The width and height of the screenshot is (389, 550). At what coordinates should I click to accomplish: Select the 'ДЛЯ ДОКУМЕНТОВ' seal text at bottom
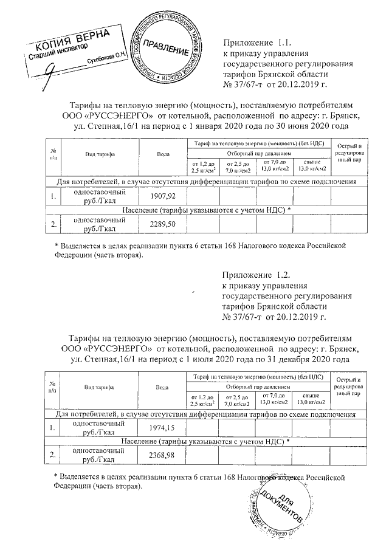point(281,509)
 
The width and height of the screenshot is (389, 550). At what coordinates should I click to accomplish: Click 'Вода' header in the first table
point(163,154)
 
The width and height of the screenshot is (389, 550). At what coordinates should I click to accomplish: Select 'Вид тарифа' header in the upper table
point(100,154)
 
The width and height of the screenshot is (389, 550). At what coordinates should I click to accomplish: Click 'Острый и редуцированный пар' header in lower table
point(349,387)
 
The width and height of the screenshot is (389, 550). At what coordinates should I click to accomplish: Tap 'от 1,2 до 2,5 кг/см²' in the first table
point(203,167)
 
